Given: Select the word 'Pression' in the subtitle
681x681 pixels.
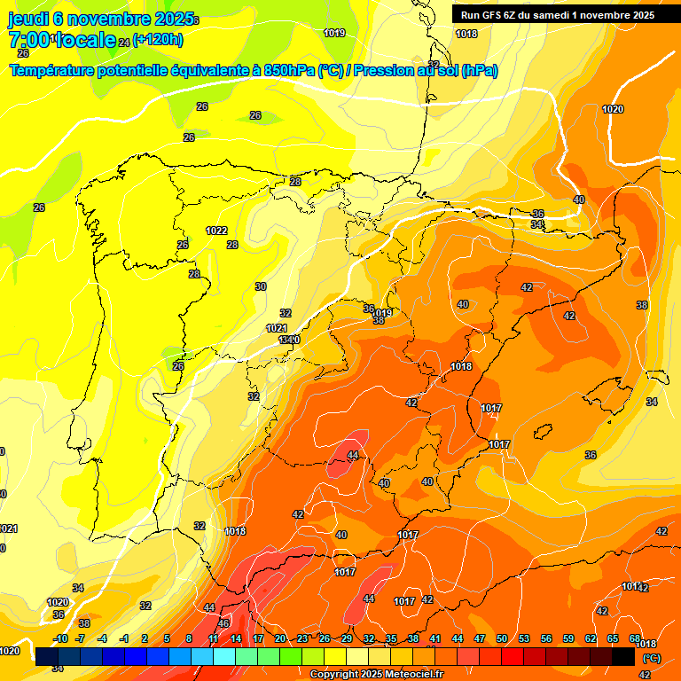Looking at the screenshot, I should [384, 71].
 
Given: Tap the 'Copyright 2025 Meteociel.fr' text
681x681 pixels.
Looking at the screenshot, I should [376, 675].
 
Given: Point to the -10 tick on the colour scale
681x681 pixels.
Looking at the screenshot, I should [60, 639].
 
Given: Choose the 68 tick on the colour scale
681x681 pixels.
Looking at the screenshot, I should [635, 639].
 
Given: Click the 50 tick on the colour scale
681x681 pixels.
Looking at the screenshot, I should [502, 639].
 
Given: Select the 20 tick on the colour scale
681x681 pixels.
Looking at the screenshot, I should [280, 639].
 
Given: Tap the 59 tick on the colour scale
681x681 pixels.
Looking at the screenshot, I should [568, 639].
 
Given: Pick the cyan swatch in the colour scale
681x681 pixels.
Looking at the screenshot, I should [224, 657].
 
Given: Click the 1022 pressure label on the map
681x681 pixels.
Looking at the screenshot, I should [216, 231].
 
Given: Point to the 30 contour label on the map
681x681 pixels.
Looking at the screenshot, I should [261, 286].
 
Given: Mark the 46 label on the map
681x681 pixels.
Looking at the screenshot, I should [223, 623].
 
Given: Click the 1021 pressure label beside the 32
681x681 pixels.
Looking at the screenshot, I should [277, 328].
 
